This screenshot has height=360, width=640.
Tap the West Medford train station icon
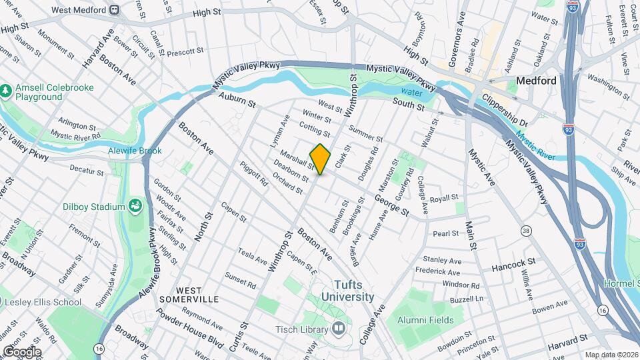pos(114,9)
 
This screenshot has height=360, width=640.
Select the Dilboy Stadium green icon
pos(136,206)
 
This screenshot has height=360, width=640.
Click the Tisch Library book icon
pos(339,329)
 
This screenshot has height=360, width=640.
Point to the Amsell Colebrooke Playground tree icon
pos(6,89)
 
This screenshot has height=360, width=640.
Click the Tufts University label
pos(347,291)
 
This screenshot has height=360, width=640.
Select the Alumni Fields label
pos(425,320)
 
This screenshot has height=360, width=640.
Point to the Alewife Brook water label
pos(135,151)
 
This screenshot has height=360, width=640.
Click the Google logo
pos(21,351)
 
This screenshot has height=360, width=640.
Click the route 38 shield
pos(527,231)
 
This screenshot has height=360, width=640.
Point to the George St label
pos(391,204)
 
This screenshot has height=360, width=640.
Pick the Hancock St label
pos(513,266)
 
